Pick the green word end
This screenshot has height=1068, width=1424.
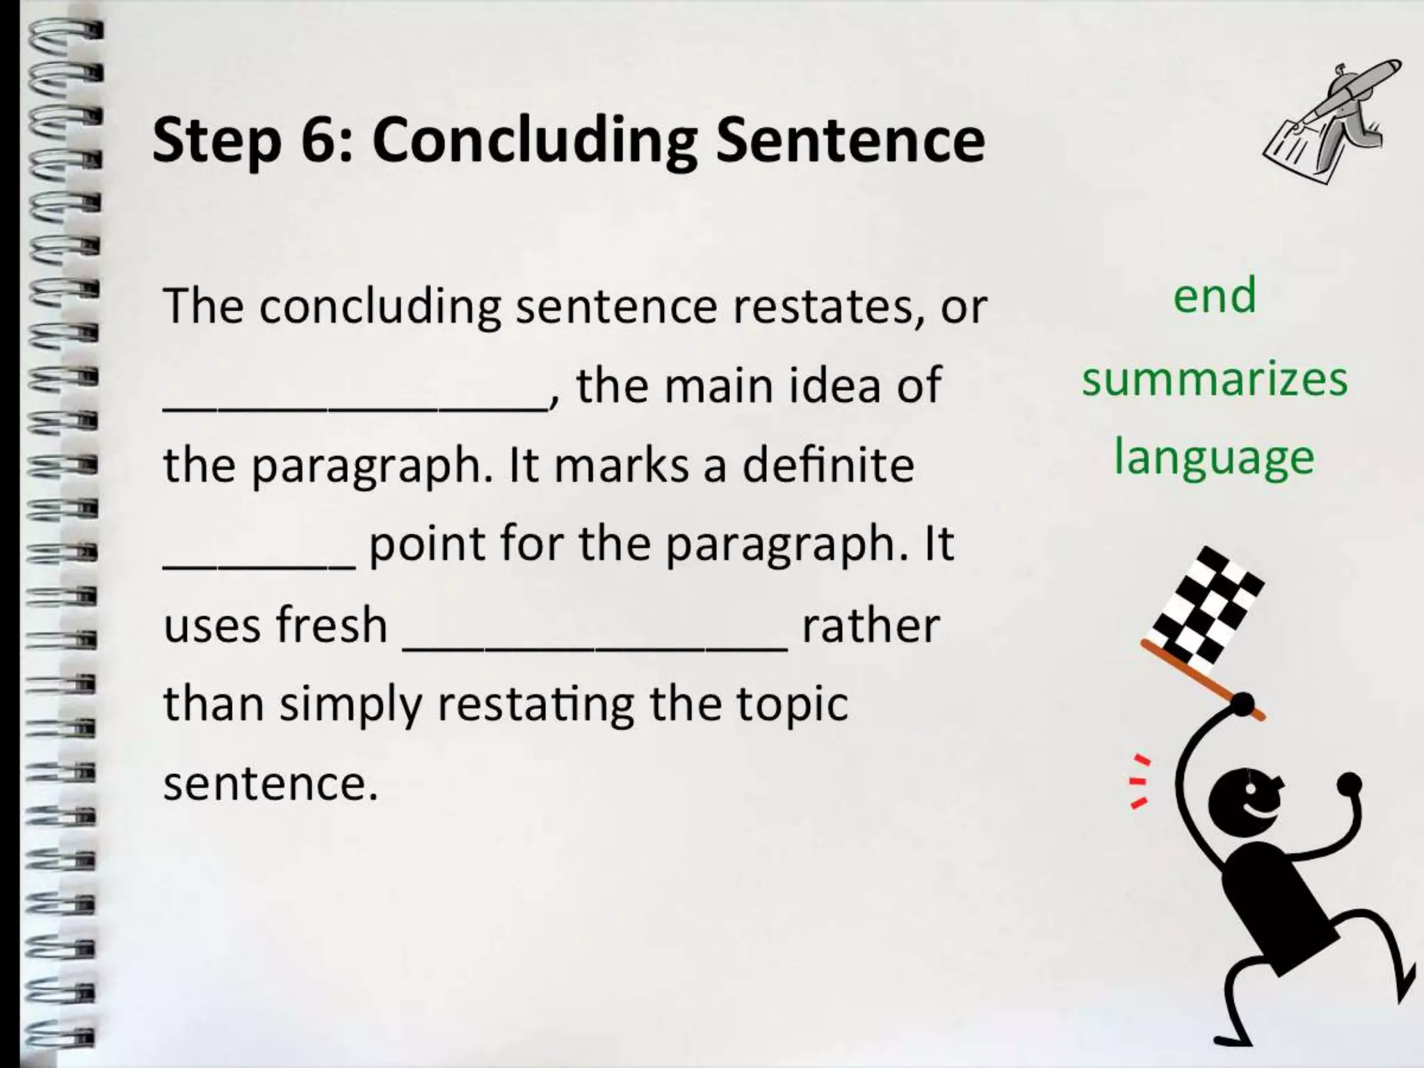coord(1215,296)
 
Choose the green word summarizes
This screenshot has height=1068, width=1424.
coord(1215,380)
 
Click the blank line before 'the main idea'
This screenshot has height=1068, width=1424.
coord(355,407)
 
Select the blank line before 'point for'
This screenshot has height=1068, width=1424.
coord(259,565)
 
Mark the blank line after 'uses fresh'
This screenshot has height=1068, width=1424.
coord(595,647)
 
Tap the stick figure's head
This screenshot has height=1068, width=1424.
coord(1245,800)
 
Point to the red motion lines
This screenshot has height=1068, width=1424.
coord(1138,782)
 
